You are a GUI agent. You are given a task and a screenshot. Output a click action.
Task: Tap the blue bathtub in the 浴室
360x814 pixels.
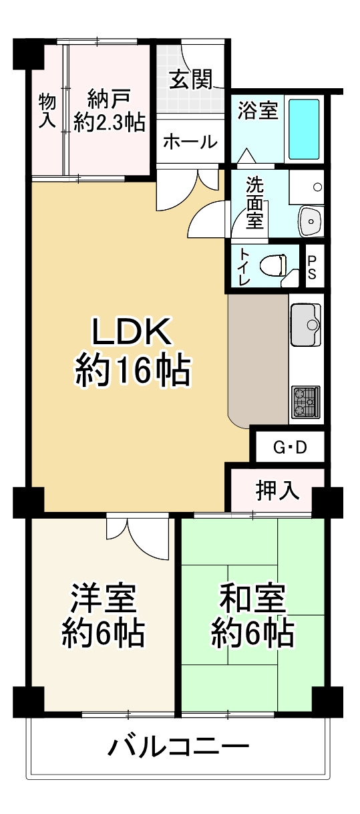pyautogui.click(x=304, y=130)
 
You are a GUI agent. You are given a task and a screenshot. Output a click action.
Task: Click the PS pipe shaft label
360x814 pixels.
pyautogui.click(x=312, y=267)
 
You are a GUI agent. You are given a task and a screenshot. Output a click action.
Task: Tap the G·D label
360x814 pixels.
pyautogui.click(x=290, y=447)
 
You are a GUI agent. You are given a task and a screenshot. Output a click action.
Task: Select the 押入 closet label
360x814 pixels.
pyautogui.click(x=278, y=491)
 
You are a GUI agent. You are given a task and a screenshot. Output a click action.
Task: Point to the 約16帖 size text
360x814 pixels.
pyautogui.click(x=133, y=371)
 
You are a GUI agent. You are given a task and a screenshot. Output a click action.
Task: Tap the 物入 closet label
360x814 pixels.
pyautogui.click(x=47, y=110)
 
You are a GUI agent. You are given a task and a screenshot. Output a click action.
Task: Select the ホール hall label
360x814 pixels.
pyautogui.click(x=190, y=142)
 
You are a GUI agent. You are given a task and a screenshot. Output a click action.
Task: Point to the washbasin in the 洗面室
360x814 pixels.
pyautogui.click(x=310, y=221)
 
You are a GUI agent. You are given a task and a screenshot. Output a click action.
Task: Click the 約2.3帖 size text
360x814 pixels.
pyautogui.click(x=110, y=122)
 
